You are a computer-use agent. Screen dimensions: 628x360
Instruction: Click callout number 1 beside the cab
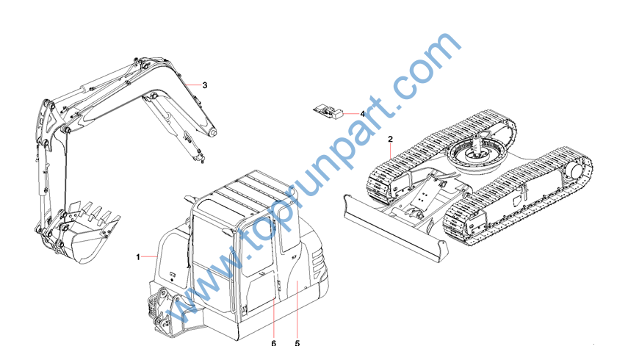pos(138,256)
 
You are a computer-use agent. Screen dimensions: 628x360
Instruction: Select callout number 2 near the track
pos(391,140)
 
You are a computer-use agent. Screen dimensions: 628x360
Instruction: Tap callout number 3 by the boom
pos(205,85)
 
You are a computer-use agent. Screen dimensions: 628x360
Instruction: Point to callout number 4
pos(362,114)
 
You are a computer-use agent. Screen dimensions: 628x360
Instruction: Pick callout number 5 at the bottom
pos(297,343)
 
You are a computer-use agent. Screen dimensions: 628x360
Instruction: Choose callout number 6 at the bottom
pos(274,343)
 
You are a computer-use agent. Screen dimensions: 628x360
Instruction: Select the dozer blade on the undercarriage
pos(394,228)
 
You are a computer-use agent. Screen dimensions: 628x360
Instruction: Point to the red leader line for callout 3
pos(193,85)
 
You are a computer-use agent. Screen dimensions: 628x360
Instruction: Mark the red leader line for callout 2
pos(391,151)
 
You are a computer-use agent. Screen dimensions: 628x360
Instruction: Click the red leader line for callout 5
pos(297,311)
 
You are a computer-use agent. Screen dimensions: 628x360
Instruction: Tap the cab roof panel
pos(249,192)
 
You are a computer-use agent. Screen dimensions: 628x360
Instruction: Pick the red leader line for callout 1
pos(148,256)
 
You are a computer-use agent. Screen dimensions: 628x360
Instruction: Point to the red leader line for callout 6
pos(274,319)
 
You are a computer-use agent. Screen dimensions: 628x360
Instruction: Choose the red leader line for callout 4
pos(352,114)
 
